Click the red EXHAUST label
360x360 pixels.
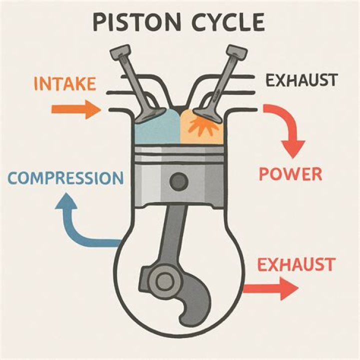tap(295, 263)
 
